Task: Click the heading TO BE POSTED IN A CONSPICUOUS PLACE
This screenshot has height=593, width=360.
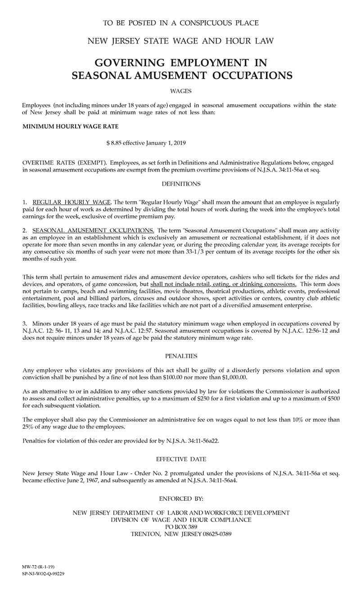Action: pyautogui.click(x=180, y=23)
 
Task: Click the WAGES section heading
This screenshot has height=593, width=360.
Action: pyautogui.click(x=181, y=91)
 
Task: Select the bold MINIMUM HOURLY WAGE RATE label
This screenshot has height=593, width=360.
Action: pyautogui.click(x=71, y=127)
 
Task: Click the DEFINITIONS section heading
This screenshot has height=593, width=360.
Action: pyautogui.click(x=181, y=184)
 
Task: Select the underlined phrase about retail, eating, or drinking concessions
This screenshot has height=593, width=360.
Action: pyautogui.click(x=223, y=284)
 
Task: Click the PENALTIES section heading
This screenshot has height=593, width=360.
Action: pyautogui.click(x=181, y=356)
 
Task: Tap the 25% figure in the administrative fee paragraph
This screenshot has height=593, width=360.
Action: pyautogui.click(x=28, y=427)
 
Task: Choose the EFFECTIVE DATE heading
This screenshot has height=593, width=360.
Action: pyautogui.click(x=181, y=459)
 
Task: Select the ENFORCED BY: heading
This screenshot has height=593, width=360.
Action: pyautogui.click(x=181, y=499)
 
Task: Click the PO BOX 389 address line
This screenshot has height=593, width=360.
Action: pyautogui.click(x=181, y=527)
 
